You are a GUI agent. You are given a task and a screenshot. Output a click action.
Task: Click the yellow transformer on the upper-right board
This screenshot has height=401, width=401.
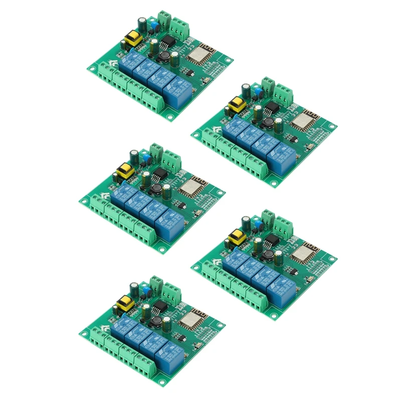[235, 106]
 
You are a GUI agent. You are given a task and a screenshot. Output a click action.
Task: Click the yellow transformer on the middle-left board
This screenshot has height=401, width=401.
[124, 172]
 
